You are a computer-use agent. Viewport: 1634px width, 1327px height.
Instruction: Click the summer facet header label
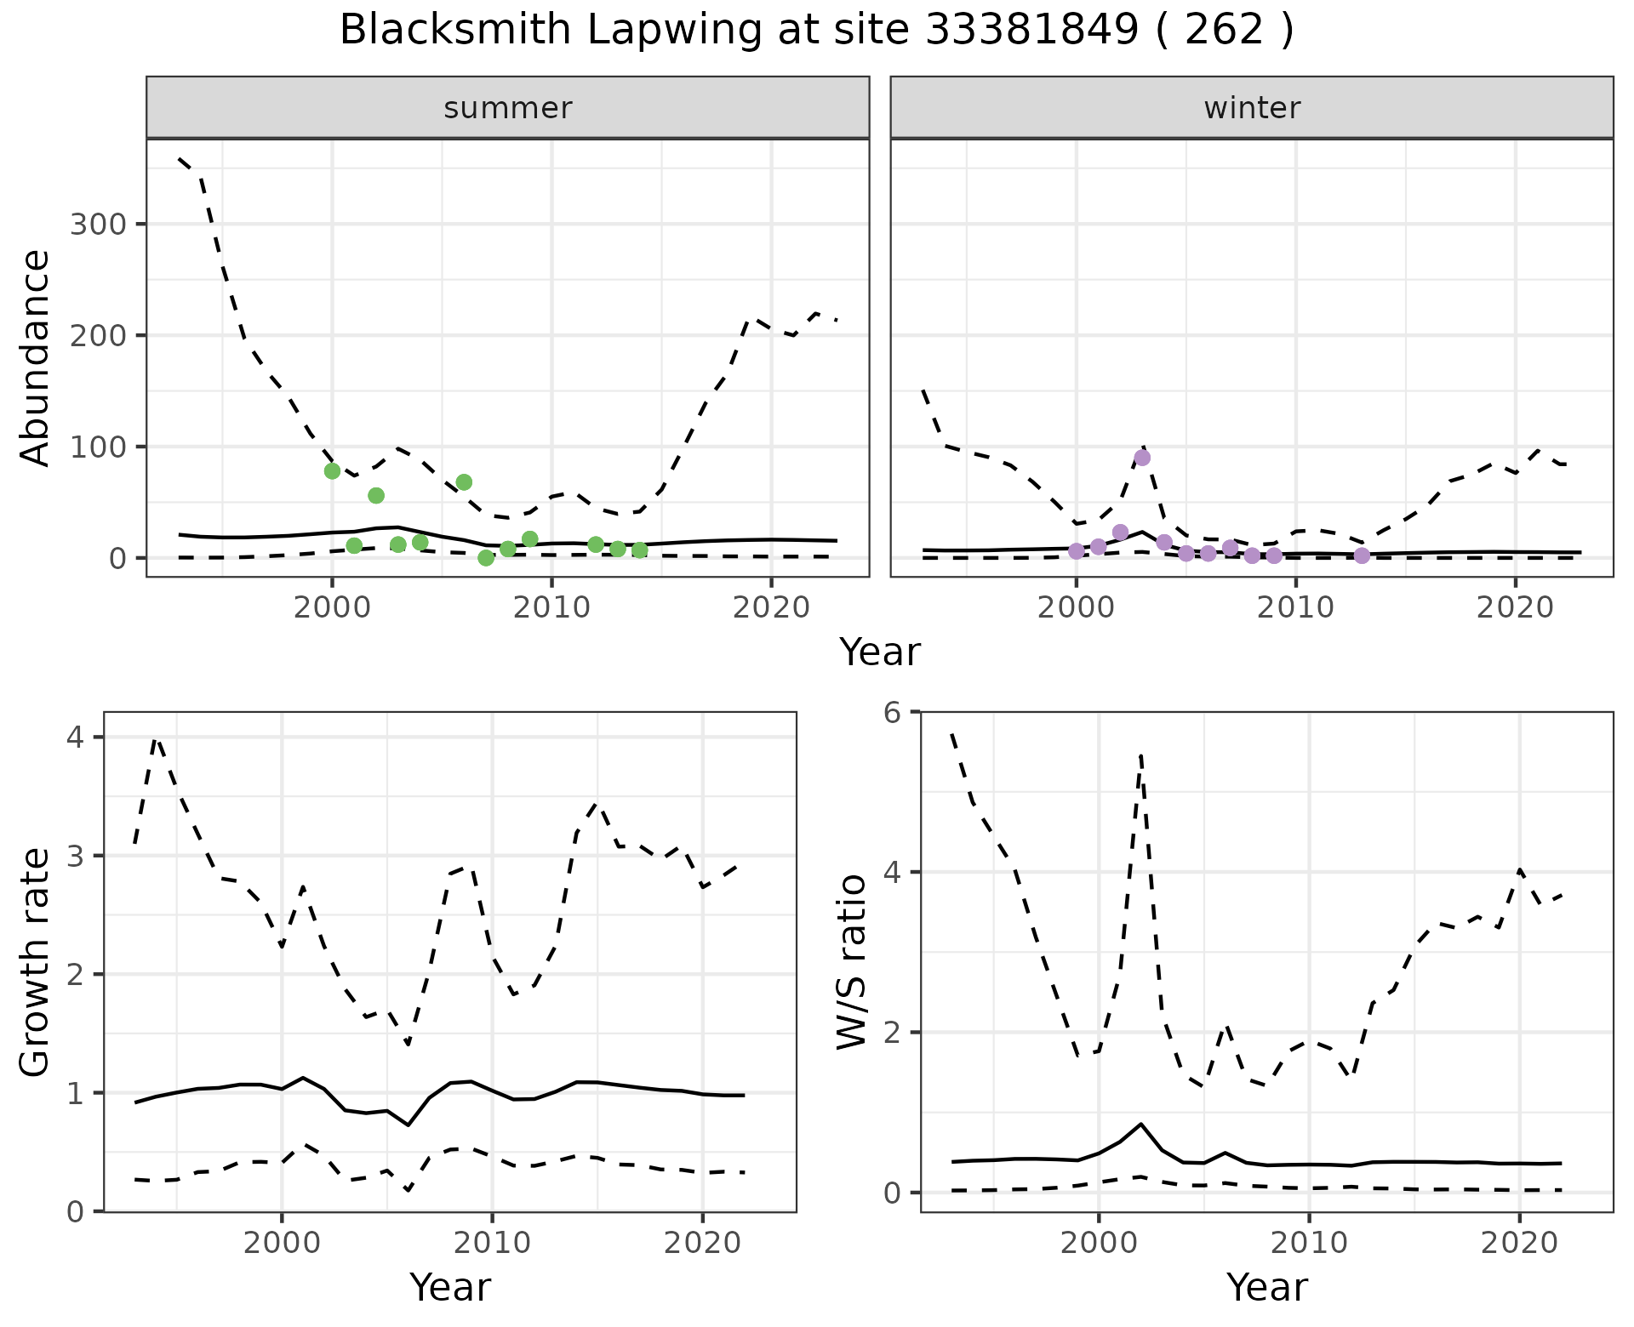click(x=508, y=108)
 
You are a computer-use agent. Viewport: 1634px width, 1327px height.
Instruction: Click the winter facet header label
click(x=1252, y=108)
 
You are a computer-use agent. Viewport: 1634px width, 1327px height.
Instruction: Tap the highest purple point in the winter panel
click(x=1142, y=458)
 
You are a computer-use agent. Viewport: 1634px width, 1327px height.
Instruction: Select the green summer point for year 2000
click(x=332, y=471)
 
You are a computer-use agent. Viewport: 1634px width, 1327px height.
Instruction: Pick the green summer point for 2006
click(x=464, y=482)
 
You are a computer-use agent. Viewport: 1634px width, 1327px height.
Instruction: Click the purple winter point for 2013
click(x=1362, y=555)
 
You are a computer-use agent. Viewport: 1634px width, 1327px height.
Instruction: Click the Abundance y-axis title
click(x=36, y=358)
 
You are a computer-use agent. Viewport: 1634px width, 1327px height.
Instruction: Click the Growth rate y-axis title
click(x=36, y=962)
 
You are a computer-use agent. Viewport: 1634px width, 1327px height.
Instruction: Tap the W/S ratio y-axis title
click(x=852, y=962)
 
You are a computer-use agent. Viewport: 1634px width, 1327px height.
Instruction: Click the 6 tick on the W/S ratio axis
click(x=892, y=712)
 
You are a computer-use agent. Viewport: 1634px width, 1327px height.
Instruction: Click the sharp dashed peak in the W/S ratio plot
click(x=1140, y=755)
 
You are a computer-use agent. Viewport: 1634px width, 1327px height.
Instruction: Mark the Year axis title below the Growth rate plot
click(x=449, y=1287)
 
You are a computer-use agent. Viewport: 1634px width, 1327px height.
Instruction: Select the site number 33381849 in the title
click(x=1031, y=31)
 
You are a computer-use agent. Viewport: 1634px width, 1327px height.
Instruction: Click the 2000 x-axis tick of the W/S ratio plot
click(x=1098, y=1243)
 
